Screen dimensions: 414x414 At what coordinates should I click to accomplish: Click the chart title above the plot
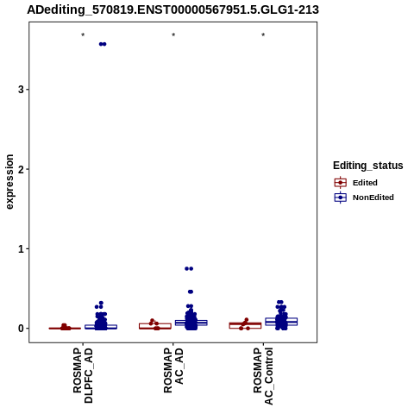tap(172, 9)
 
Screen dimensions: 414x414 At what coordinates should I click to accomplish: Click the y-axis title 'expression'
tap(9, 182)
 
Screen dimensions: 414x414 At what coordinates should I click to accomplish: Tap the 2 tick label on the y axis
tap(21, 169)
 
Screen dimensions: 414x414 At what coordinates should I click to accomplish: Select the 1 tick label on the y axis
tap(21, 248)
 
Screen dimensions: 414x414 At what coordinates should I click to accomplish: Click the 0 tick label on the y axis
tap(21, 329)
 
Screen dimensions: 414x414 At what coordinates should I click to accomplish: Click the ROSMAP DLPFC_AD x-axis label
tap(83, 375)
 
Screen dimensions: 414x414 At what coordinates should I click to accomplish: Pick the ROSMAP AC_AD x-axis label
tap(173, 370)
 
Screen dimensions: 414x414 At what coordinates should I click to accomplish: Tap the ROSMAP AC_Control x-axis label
tap(263, 376)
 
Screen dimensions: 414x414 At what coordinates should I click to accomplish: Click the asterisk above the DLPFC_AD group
tap(83, 35)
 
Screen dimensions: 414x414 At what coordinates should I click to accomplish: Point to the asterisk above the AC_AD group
tap(173, 35)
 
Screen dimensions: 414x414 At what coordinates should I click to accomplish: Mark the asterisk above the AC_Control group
tap(263, 35)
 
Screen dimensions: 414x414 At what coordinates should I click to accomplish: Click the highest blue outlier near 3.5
tap(103, 44)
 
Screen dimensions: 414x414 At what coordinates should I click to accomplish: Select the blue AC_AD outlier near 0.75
tap(189, 268)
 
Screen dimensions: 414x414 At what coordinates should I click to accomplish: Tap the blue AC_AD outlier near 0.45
tap(191, 292)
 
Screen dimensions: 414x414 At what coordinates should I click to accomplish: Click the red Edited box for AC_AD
tap(155, 326)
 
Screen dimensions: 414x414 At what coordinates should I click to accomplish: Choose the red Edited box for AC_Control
tap(245, 325)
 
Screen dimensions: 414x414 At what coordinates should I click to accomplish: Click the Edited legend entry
tap(356, 183)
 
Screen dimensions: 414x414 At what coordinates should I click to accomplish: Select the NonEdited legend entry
tap(364, 198)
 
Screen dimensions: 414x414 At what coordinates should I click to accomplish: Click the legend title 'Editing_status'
tap(368, 166)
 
